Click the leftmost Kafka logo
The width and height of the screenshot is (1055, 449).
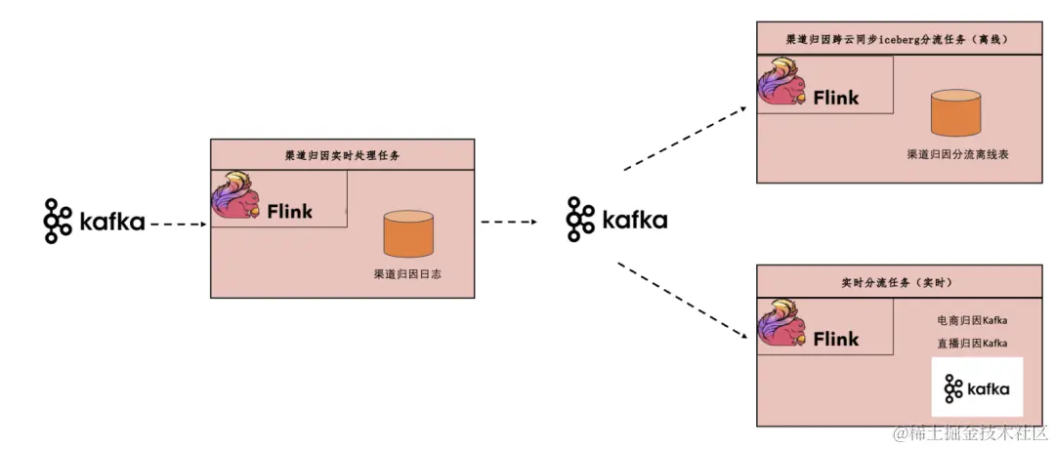(94, 222)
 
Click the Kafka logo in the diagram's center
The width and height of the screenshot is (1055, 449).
(616, 220)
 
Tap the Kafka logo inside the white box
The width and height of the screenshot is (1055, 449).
(977, 389)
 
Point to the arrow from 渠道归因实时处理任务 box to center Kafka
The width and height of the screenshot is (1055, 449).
(509, 222)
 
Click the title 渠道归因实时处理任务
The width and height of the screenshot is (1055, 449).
(342, 155)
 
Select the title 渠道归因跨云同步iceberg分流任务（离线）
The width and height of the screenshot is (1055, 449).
(896, 41)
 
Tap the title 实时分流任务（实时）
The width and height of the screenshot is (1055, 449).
(896, 282)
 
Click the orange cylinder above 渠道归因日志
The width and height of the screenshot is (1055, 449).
(408, 234)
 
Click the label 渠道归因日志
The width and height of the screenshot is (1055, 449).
(407, 274)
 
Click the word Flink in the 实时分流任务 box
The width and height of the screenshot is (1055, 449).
(835, 340)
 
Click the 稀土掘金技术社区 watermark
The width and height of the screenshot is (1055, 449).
(976, 432)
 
